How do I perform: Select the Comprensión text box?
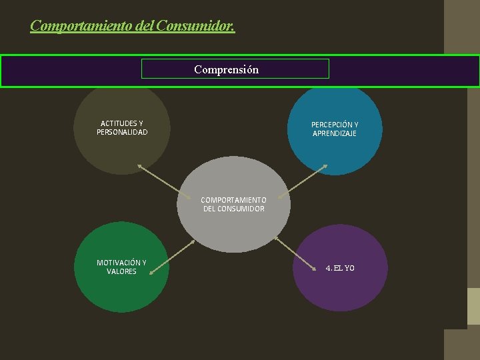tap(235, 69)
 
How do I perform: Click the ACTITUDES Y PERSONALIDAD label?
tap(121, 127)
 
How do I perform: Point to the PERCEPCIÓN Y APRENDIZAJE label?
tap(335, 129)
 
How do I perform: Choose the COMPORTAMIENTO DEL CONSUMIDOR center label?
tap(233, 204)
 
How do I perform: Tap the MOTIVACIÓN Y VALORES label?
tap(121, 267)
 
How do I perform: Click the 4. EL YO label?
tap(340, 268)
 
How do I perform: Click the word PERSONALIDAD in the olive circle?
tap(122, 132)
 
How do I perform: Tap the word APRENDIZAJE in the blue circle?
tap(335, 134)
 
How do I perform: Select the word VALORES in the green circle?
tap(121, 271)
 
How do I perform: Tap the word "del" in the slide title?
tap(144, 26)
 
